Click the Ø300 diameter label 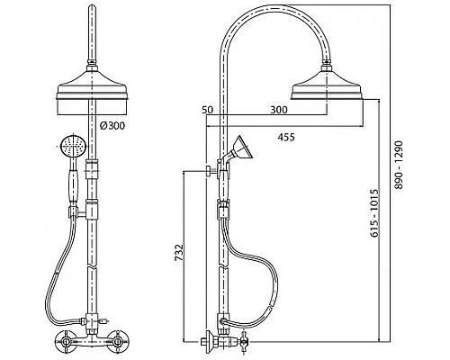point(112,126)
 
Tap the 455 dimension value point(286,137)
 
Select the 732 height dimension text point(179,252)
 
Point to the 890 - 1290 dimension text point(399,165)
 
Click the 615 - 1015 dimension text point(374,213)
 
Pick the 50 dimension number point(207,110)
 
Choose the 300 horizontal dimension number point(279,110)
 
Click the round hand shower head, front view point(74,146)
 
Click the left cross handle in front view point(65,341)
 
